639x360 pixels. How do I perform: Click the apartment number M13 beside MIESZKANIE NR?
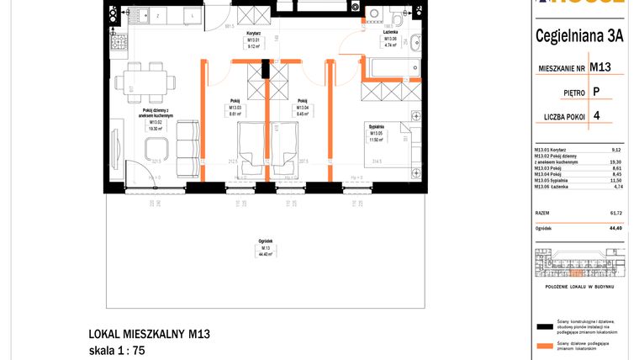point(599,66)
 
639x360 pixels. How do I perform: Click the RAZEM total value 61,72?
point(615,214)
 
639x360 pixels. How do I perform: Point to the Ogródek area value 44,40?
point(615,227)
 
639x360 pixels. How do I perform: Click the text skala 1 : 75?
point(117,351)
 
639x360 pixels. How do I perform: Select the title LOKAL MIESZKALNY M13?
point(149,335)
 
